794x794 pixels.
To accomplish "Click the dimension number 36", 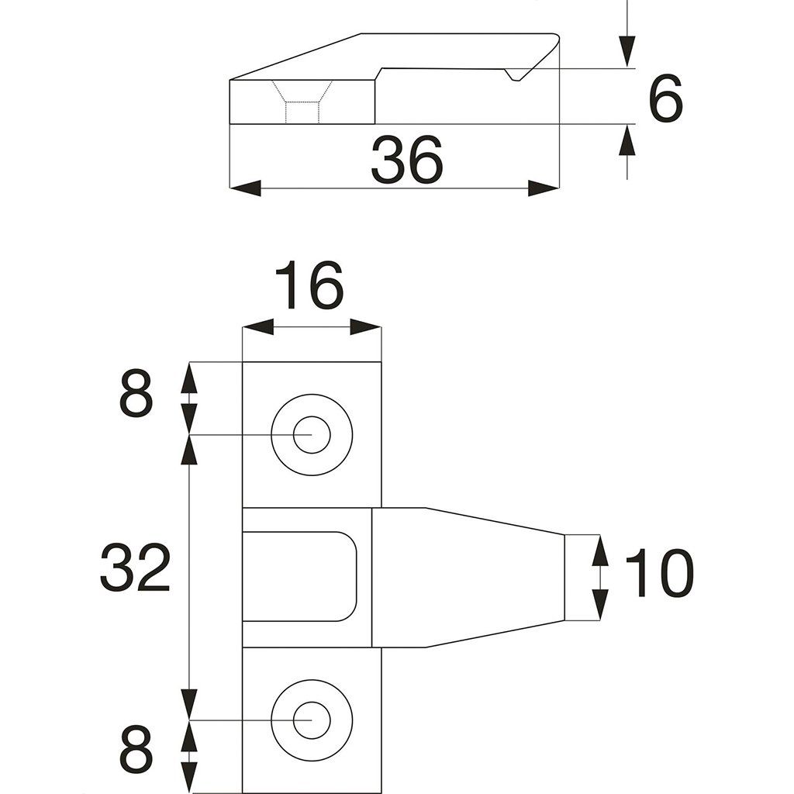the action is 406,160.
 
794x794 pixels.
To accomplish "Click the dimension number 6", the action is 665,98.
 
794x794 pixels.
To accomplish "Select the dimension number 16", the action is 309,285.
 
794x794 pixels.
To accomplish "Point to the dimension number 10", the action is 658,573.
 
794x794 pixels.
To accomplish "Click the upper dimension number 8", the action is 136,393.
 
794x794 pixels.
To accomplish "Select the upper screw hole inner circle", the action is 312,435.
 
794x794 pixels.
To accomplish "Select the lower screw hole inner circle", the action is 312,720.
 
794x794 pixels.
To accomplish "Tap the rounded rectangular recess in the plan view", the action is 300,576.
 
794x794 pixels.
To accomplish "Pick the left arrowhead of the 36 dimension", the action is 246,188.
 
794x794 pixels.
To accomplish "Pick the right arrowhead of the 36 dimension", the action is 544,188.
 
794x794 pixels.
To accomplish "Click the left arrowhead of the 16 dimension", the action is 258,327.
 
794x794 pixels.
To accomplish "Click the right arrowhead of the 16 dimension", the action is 365,327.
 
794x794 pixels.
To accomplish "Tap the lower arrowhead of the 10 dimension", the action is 600,605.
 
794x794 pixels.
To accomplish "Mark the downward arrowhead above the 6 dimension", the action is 627,52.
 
